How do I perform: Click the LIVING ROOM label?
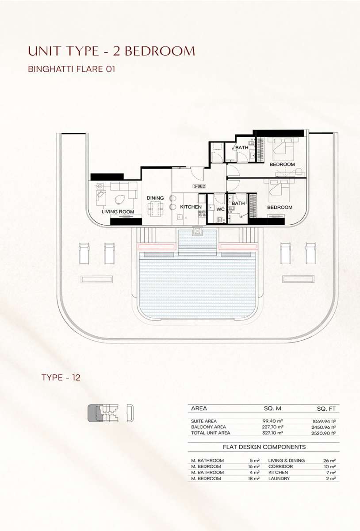118,212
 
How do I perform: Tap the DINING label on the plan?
155,198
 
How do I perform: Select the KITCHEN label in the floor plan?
191,207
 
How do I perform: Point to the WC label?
220,209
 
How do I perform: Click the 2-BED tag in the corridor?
199,186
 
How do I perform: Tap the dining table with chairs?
156,208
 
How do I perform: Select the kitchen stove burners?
202,213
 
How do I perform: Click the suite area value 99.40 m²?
272,421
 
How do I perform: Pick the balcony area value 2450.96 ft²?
323,427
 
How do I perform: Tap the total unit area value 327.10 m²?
272,433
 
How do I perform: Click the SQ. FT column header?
326,409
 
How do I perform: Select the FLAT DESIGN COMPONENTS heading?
264,447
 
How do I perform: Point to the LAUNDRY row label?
279,478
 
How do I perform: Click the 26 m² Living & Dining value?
329,461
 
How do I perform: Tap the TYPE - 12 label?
61,377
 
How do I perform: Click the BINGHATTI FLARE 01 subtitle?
72,69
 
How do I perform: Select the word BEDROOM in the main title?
160,51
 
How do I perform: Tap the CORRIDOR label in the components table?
280,466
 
